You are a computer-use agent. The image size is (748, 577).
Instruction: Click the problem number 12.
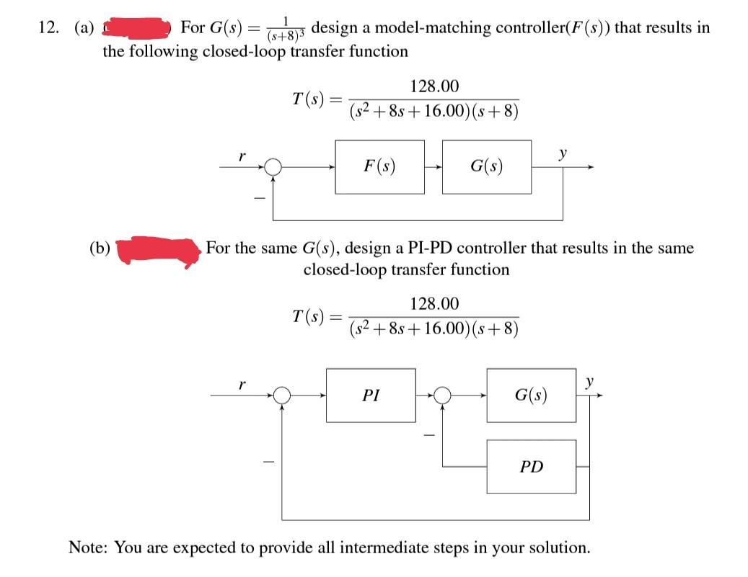tap(48, 28)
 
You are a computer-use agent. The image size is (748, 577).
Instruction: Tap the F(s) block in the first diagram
tap(379, 167)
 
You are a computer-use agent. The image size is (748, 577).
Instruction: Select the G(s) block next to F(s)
tap(486, 167)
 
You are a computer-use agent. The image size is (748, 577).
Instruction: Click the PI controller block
tap(371, 395)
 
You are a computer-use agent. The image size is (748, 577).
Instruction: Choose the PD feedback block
tap(531, 467)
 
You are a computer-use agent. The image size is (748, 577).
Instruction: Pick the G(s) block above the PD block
tap(531, 395)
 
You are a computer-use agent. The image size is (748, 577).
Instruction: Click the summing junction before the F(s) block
tap(273, 167)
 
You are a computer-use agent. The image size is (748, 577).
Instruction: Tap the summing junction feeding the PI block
tap(283, 395)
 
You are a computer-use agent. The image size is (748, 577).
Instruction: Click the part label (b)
tap(99, 249)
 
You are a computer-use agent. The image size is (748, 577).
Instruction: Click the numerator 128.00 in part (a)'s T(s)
tap(434, 86)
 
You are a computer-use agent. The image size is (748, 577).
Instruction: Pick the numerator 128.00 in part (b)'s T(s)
tap(434, 304)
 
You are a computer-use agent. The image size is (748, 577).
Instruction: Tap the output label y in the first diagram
tap(562, 153)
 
